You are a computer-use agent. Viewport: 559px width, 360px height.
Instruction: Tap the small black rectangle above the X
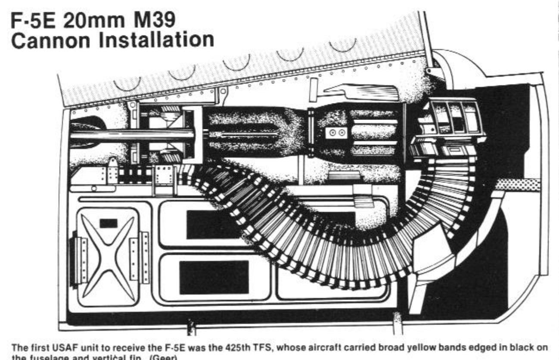(108, 223)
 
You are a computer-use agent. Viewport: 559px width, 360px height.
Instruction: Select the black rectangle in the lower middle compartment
(214, 277)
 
